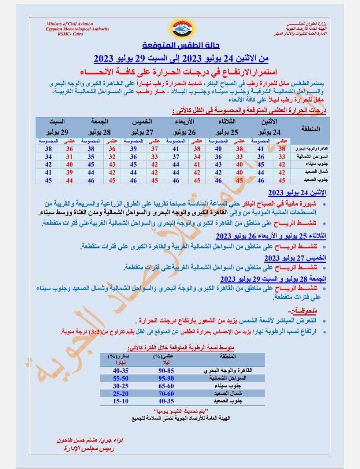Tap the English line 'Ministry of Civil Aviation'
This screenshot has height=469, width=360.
[69, 24]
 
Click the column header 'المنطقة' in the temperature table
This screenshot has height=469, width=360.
[310, 129]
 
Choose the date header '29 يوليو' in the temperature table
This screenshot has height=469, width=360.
[57, 132]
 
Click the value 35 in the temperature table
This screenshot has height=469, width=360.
[91, 157]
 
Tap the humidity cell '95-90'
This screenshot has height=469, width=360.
[166, 378]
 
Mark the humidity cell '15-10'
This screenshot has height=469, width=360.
[120, 401]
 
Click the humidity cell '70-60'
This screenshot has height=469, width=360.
[166, 394]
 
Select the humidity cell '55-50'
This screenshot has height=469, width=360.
[120, 378]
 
